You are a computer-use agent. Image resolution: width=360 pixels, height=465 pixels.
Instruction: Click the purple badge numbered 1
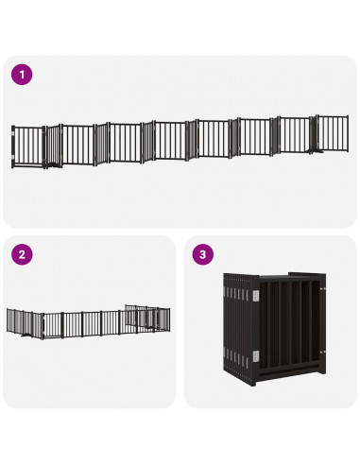(x=21, y=74)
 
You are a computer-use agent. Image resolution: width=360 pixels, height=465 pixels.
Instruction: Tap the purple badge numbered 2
(x=21, y=254)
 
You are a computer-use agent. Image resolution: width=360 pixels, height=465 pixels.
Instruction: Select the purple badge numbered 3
(x=201, y=254)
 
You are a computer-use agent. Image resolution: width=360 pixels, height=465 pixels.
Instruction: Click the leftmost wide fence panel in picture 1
(x=28, y=145)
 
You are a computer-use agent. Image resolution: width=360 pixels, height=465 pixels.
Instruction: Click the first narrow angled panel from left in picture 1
(x=52, y=145)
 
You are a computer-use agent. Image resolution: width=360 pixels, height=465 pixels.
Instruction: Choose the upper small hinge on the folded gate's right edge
(x=321, y=292)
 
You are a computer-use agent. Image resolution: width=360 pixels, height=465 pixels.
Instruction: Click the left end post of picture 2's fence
(x=9, y=322)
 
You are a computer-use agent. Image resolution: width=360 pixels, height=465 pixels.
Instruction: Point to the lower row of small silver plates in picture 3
(x=236, y=356)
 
